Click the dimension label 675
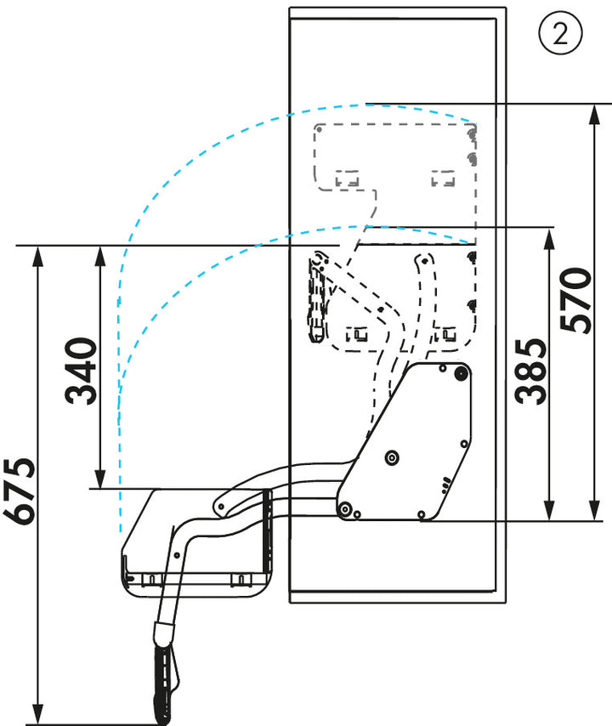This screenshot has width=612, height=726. (20, 491)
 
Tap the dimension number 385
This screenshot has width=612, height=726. (530, 372)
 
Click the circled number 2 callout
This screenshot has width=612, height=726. (561, 33)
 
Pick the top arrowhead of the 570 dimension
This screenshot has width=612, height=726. (594, 115)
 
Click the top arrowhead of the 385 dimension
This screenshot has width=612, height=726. (549, 238)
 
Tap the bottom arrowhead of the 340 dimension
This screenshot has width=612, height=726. (100, 479)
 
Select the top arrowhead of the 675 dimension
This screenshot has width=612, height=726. (38, 256)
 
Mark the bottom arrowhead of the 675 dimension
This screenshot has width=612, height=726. (38, 714)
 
